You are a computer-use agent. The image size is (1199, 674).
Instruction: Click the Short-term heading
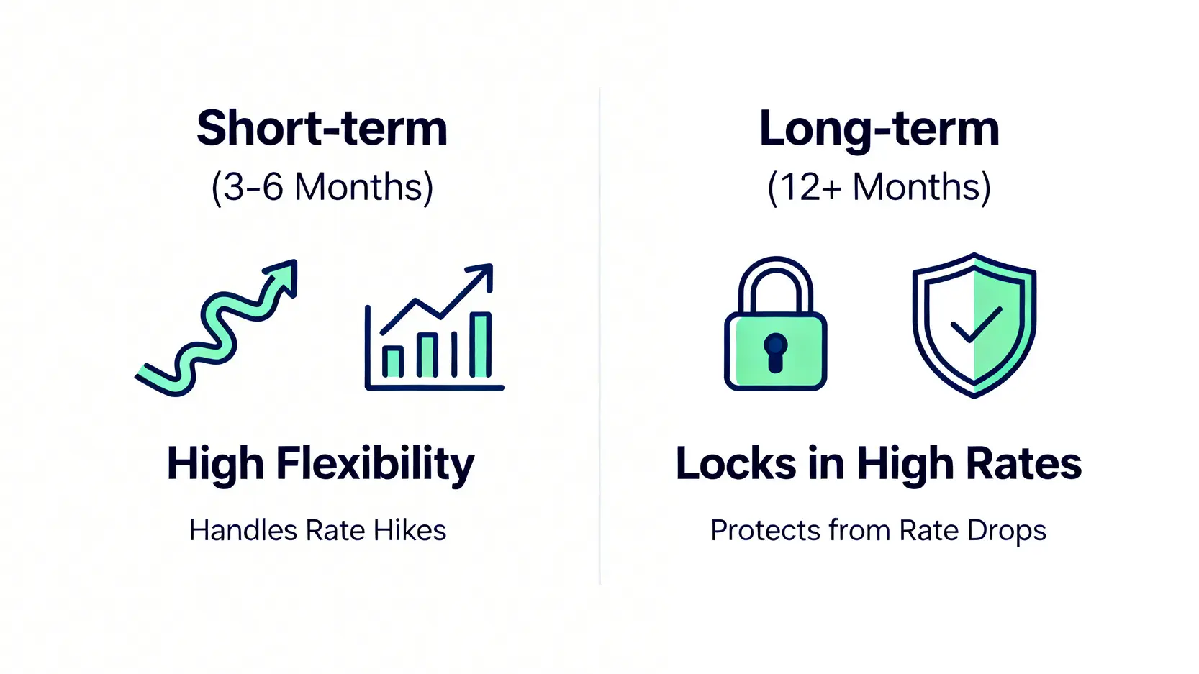(x=322, y=128)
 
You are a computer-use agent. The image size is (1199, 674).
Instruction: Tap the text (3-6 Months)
(x=322, y=188)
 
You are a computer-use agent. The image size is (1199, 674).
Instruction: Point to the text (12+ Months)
(x=879, y=188)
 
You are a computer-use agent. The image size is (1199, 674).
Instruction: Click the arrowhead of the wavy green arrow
(x=283, y=275)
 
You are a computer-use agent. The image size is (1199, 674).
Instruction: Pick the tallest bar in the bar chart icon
(x=480, y=345)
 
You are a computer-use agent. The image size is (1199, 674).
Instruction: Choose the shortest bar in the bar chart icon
(x=392, y=362)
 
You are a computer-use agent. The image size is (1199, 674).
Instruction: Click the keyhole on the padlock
(x=775, y=352)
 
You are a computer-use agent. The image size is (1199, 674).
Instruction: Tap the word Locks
(x=736, y=463)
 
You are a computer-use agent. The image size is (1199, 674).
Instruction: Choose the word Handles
(x=243, y=531)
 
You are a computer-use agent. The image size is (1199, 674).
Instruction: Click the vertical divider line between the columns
(x=599, y=336)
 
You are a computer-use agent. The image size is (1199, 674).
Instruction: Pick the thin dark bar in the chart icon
(x=454, y=354)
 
